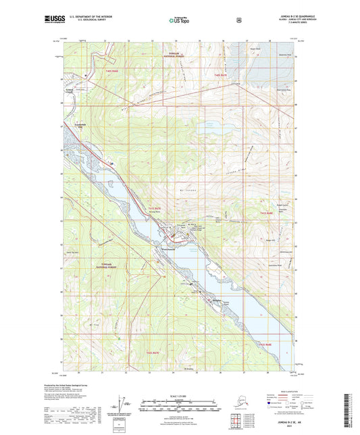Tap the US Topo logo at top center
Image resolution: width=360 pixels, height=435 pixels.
pyautogui.click(x=179, y=21)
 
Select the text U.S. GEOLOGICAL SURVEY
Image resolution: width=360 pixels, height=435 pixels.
pyautogui.click(x=85, y=22)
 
